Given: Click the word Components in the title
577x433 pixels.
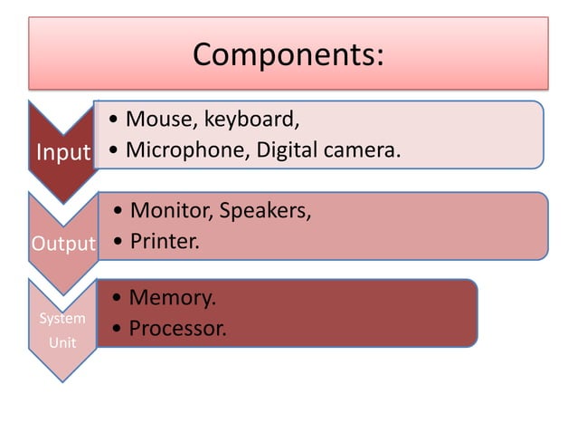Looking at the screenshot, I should (x=283, y=54).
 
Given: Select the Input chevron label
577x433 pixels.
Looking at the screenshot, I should (x=63, y=152).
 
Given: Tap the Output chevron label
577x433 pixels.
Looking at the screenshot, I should (x=63, y=244).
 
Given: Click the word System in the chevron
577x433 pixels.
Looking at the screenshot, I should (x=62, y=318).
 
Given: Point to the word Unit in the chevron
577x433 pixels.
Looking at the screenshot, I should (x=62, y=343).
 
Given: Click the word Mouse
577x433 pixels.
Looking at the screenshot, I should (x=153, y=119).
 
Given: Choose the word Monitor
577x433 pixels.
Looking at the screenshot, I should (x=168, y=212).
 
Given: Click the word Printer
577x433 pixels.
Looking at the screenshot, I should (x=164, y=243).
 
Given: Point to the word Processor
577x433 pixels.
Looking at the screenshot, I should (x=177, y=328).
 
